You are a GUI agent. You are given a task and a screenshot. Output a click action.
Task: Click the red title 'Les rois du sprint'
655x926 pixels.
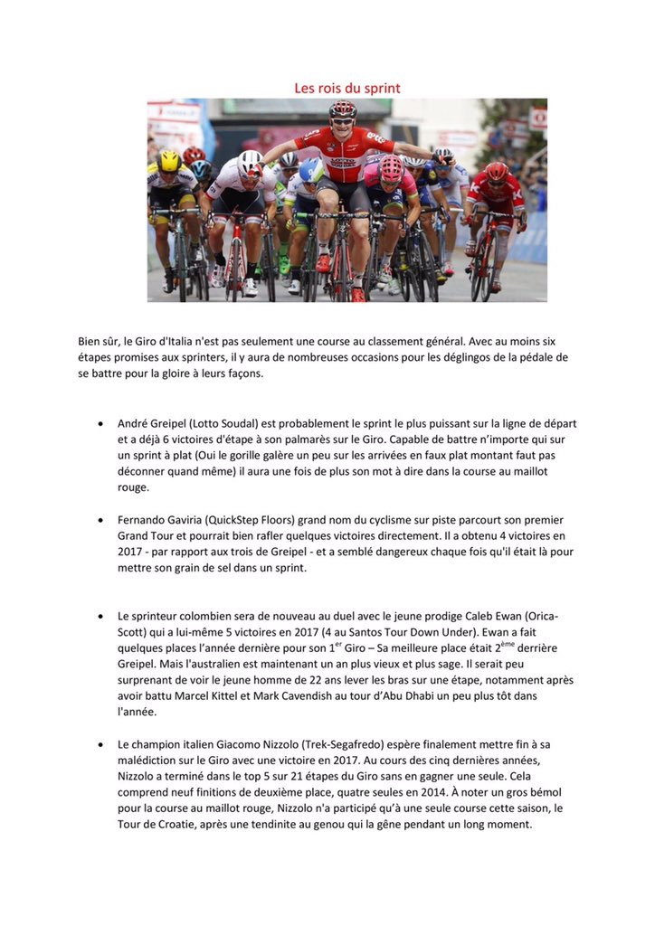[x=346, y=88]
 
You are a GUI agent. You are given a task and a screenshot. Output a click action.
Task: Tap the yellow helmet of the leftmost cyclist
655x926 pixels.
[x=169, y=161]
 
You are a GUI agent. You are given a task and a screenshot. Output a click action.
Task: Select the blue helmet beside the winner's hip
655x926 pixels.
[x=311, y=170]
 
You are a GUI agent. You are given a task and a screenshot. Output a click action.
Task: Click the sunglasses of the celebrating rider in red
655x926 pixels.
[x=342, y=121]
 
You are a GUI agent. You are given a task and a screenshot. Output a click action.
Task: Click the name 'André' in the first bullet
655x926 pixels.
[x=135, y=423]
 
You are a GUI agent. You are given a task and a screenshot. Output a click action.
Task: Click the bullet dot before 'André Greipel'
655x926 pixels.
[x=99, y=423]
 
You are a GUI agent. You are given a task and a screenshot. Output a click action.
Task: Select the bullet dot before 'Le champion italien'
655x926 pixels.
[x=99, y=744]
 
